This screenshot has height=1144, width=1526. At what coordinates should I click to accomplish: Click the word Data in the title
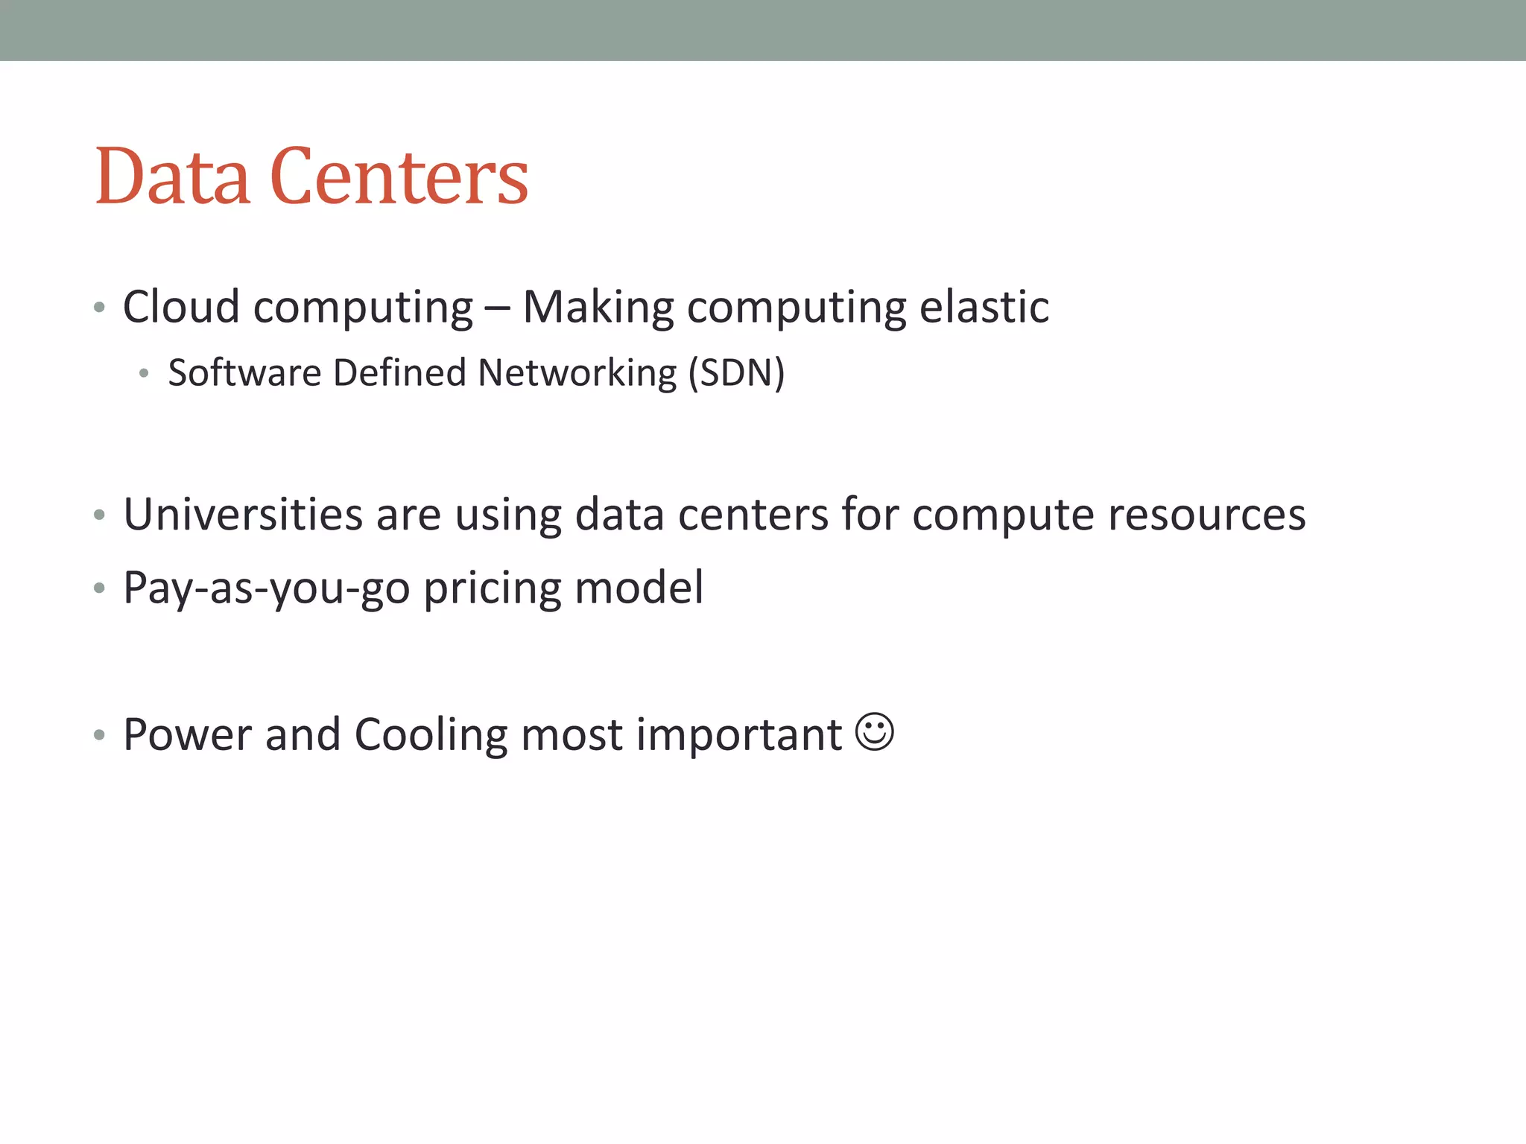(172, 177)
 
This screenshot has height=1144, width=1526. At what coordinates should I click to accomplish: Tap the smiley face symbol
(874, 732)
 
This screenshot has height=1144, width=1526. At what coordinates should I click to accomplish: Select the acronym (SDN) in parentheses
(736, 372)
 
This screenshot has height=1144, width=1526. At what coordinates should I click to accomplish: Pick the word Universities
(243, 514)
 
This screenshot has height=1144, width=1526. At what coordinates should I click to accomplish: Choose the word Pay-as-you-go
(266, 588)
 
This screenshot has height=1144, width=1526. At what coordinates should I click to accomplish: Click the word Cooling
(431, 734)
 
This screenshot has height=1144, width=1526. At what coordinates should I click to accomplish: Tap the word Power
(188, 734)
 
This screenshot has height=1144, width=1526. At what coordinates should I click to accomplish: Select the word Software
(244, 372)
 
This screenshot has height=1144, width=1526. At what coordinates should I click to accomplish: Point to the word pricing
(492, 588)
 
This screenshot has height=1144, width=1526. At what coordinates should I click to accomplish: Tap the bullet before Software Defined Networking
(144, 372)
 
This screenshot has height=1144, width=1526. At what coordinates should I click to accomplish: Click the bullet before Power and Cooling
(99, 736)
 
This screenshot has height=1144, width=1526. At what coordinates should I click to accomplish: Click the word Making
(598, 308)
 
